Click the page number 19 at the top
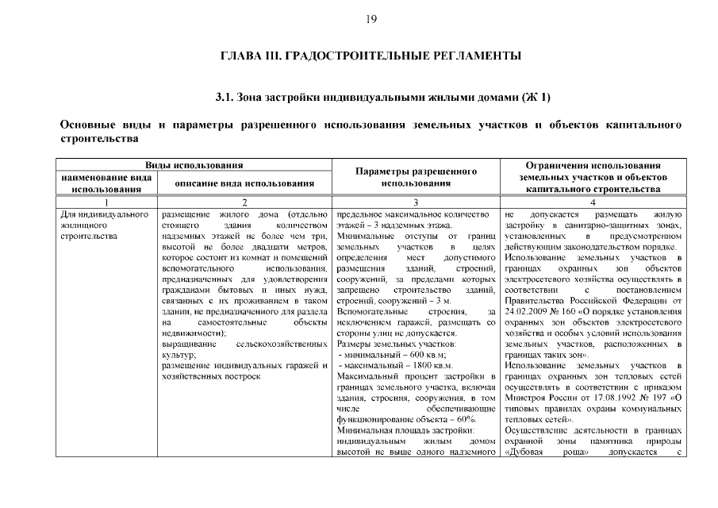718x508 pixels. pyautogui.click(x=371, y=19)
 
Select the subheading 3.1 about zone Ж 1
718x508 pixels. pyautogui.click(x=371, y=98)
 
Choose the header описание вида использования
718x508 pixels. pyautogui.click(x=244, y=183)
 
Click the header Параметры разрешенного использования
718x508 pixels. pyautogui.click(x=416, y=176)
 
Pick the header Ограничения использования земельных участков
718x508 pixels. pyautogui.click(x=593, y=176)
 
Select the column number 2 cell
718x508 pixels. pyautogui.click(x=244, y=202)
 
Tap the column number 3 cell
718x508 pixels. pyautogui.click(x=416, y=202)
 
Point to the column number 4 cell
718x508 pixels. pyautogui.click(x=593, y=202)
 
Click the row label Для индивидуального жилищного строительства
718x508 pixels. pyautogui.click(x=106, y=225)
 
